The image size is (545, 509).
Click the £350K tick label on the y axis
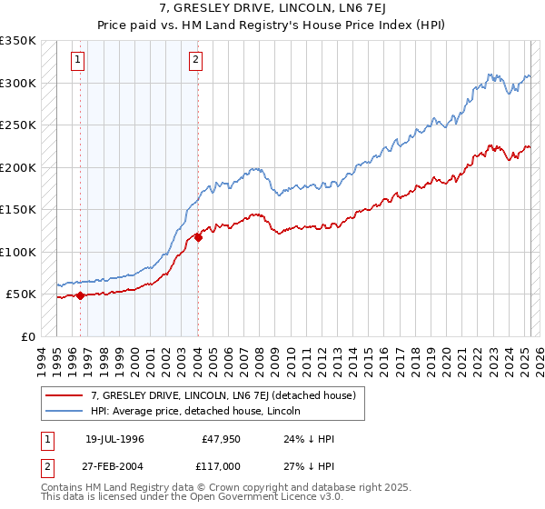[x=18, y=41]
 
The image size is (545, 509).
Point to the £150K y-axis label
[x=18, y=210]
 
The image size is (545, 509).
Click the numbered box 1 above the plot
[x=78, y=61]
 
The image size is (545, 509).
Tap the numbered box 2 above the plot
[x=195, y=61]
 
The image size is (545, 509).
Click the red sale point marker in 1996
[x=80, y=295]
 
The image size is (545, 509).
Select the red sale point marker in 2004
[x=198, y=238]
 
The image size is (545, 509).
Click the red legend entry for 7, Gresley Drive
[x=227, y=395]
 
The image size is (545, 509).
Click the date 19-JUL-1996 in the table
[x=114, y=439]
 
